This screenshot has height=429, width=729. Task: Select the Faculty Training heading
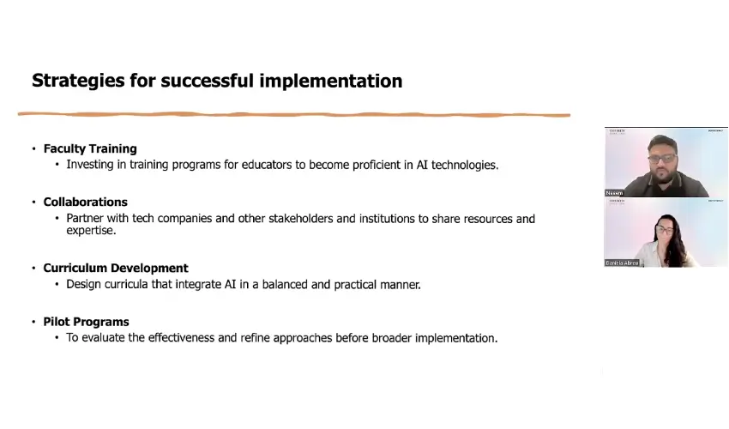pyautogui.click(x=90, y=148)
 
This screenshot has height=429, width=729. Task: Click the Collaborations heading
pyautogui.click(x=85, y=202)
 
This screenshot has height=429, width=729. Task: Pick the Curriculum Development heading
pyautogui.click(x=116, y=269)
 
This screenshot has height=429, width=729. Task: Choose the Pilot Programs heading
pyautogui.click(x=86, y=322)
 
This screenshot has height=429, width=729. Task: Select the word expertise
pyautogui.click(x=91, y=231)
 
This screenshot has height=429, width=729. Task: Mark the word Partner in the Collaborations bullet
pyautogui.click(x=86, y=219)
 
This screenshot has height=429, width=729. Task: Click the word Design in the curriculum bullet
pyautogui.click(x=84, y=285)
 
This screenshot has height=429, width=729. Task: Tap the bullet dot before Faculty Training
pyautogui.click(x=34, y=149)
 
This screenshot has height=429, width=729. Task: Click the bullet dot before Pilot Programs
pyautogui.click(x=34, y=323)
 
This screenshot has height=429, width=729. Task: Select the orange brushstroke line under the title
pyautogui.click(x=293, y=114)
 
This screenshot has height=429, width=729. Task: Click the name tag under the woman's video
pyautogui.click(x=623, y=263)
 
